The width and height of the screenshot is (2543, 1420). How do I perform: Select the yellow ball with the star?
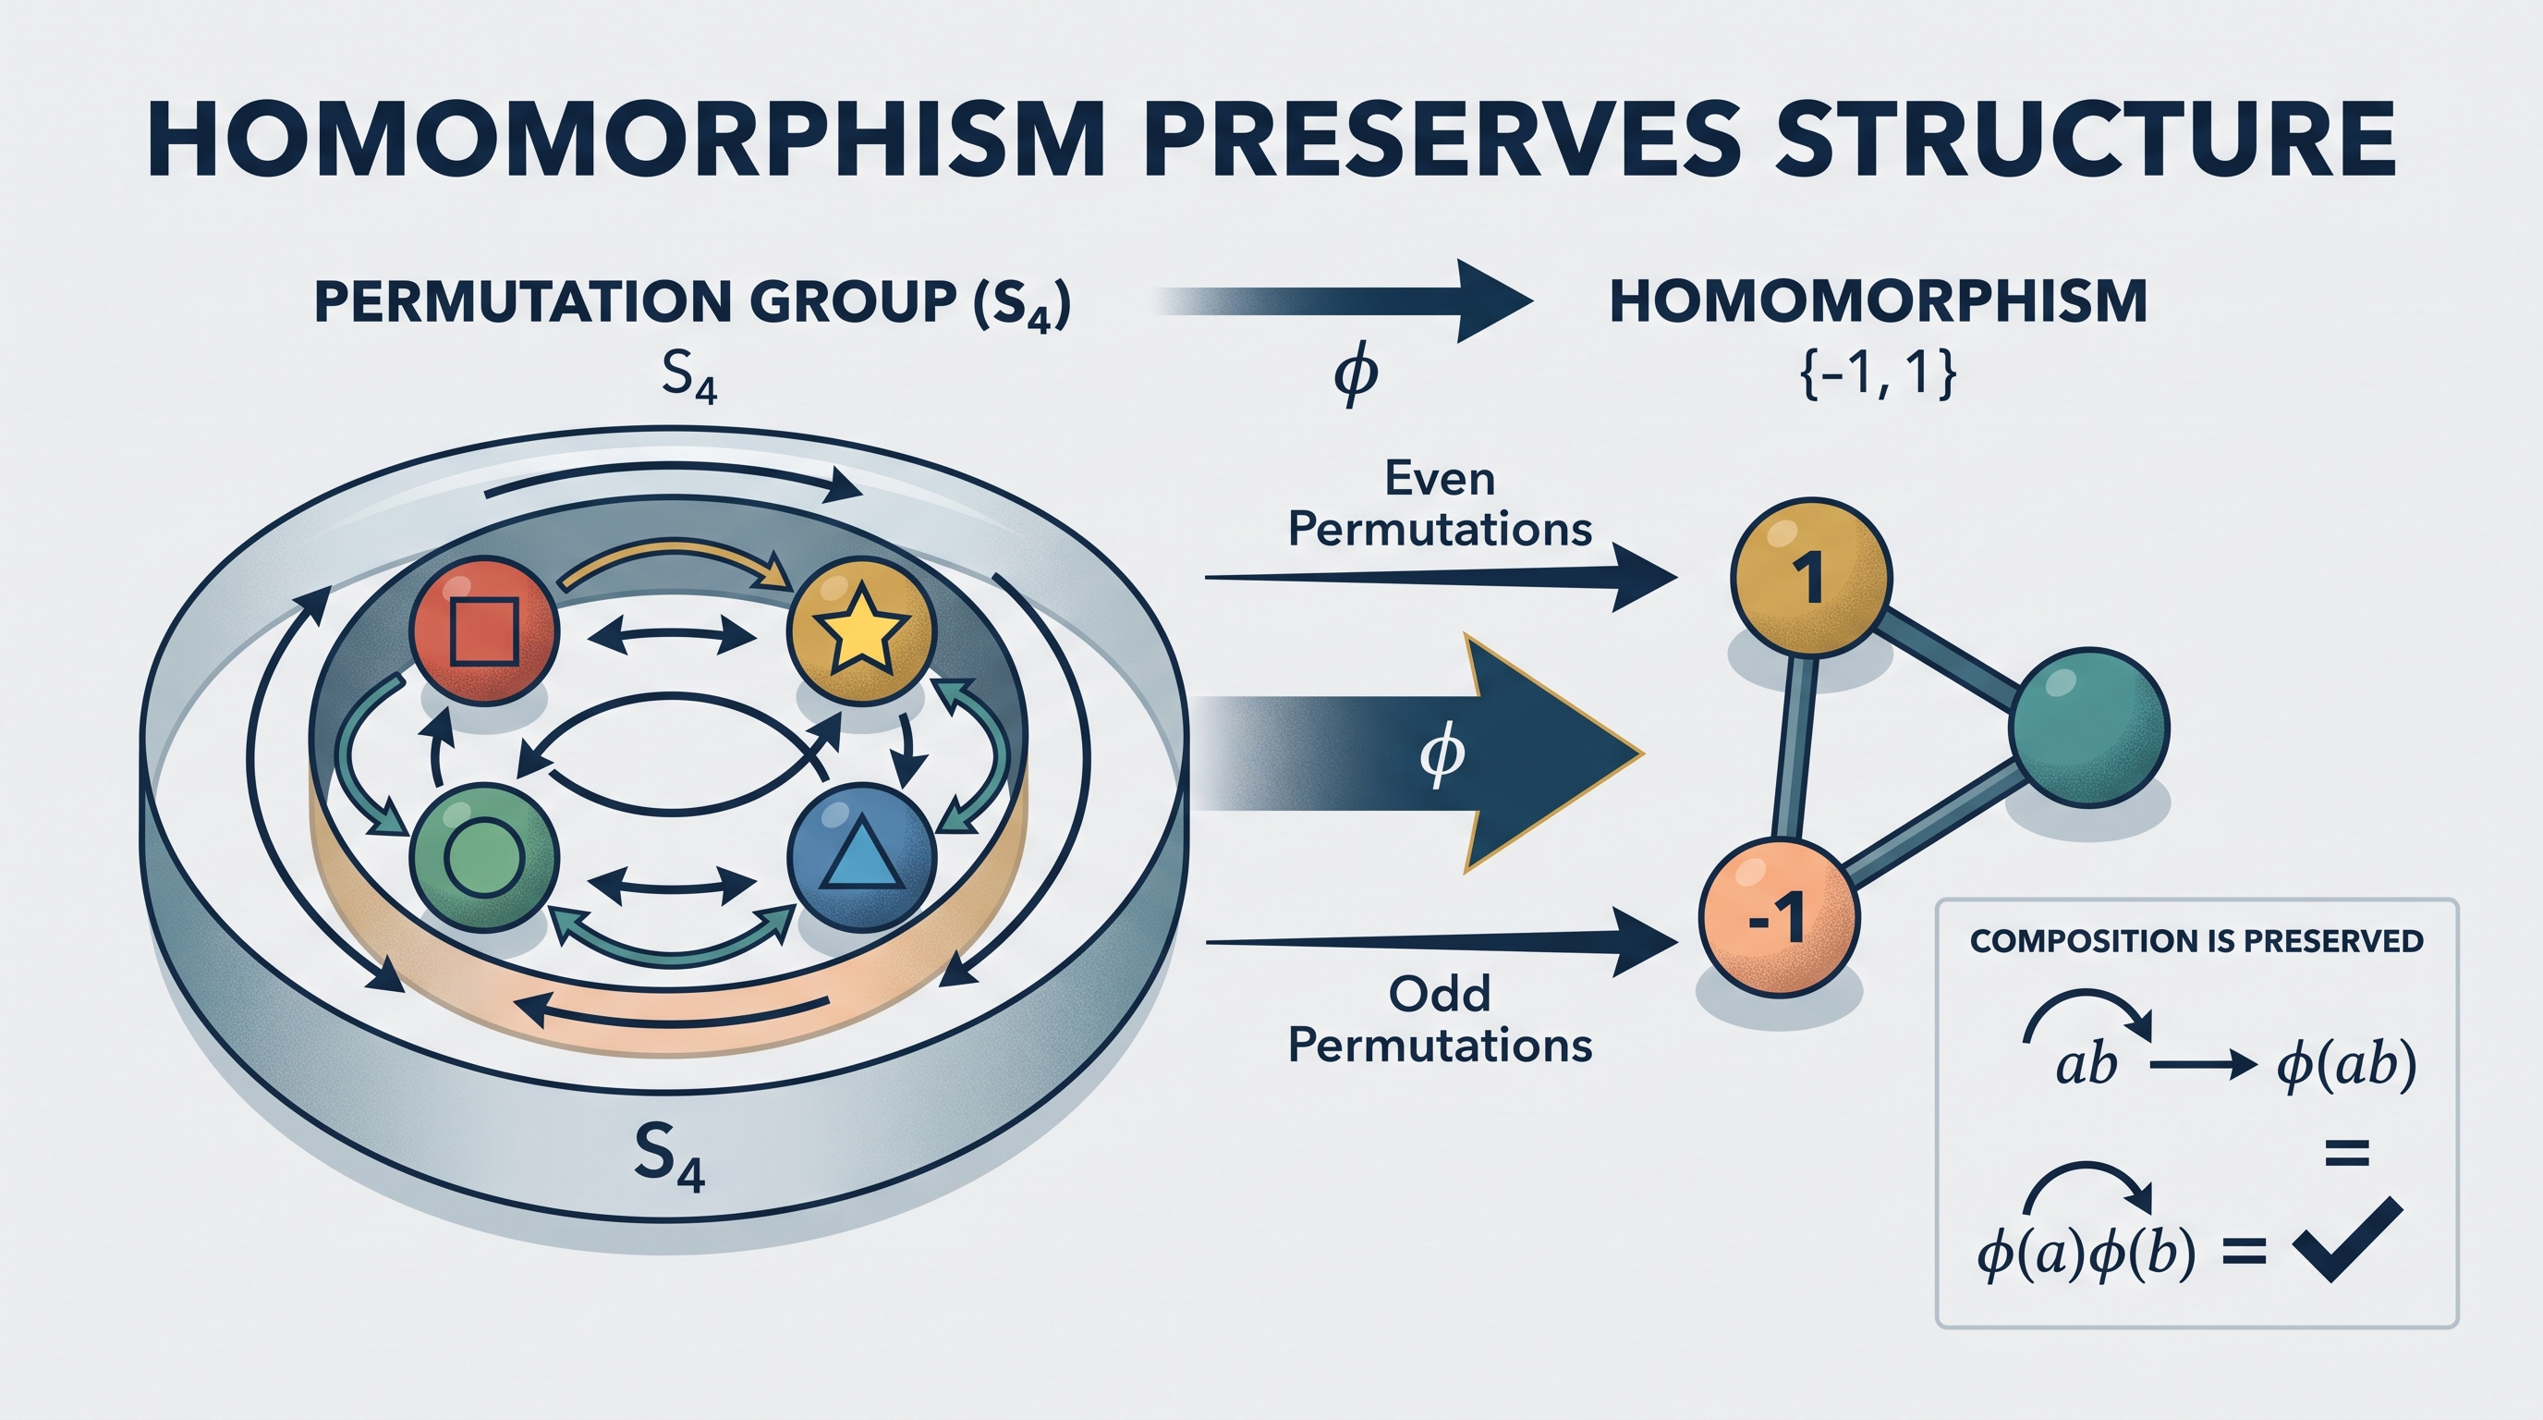[x=860, y=630]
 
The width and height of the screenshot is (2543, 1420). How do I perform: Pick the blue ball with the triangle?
[x=862, y=858]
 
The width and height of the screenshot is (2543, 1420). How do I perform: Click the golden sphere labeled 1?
[x=1811, y=578]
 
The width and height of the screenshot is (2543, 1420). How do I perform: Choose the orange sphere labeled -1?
[x=1779, y=919]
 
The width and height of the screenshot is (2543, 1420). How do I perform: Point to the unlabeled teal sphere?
[x=2089, y=728]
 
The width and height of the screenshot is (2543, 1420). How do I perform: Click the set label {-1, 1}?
[x=1879, y=375]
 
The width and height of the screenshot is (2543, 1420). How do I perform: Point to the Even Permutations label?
[x=1440, y=505]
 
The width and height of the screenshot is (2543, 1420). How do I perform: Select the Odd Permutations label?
[x=1440, y=1020]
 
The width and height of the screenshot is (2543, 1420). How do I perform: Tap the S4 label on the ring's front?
[x=669, y=1157]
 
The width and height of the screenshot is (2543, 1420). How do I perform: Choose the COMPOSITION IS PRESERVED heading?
[x=2196, y=941]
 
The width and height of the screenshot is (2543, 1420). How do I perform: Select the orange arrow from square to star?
[x=679, y=558]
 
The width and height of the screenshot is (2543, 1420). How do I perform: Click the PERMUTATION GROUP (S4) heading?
[x=692, y=303]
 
